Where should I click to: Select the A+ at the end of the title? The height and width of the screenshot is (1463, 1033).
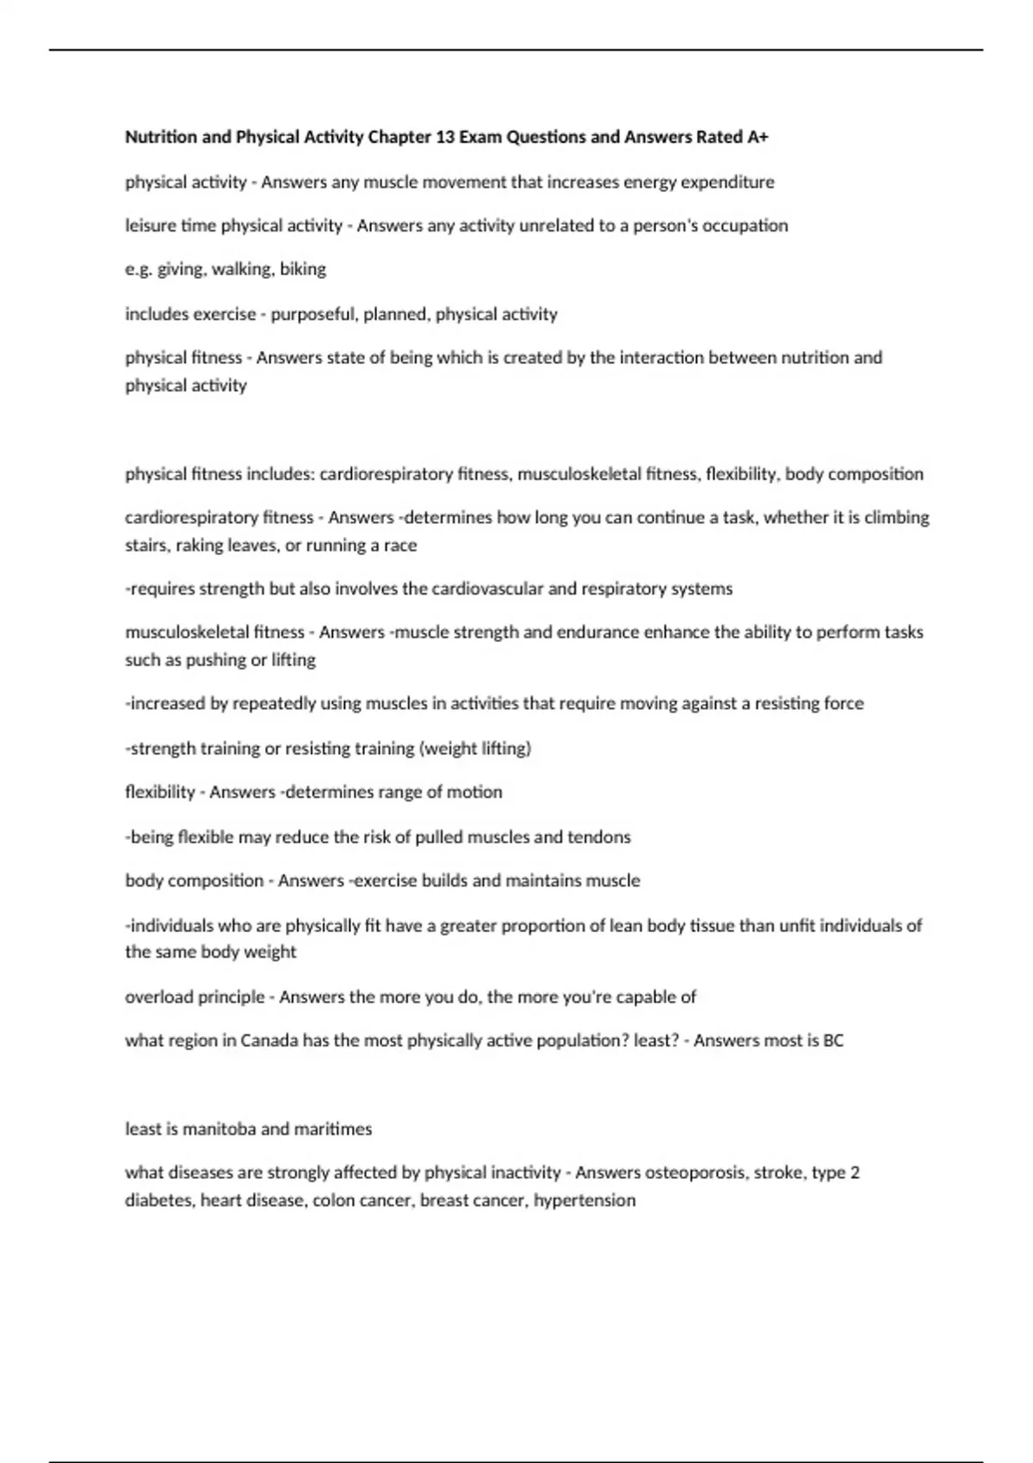[758, 137]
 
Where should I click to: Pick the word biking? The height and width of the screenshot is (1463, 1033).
[303, 269]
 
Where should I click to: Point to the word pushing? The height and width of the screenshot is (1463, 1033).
[214, 660]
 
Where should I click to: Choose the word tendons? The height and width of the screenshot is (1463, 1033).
[599, 836]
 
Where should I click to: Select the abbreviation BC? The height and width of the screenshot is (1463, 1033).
[833, 1040]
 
